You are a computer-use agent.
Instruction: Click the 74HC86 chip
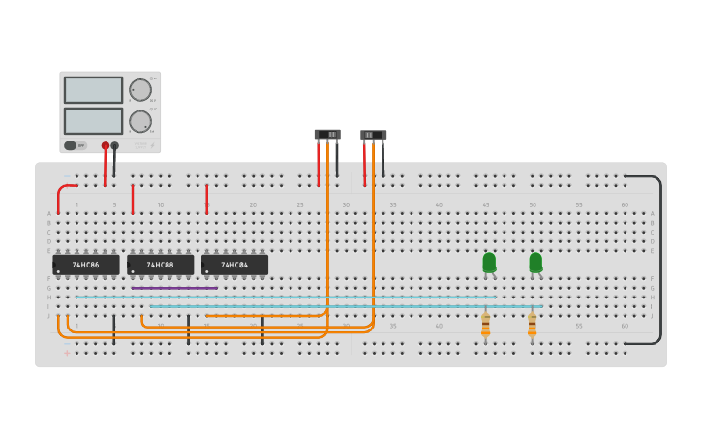pyautogui.click(x=86, y=265)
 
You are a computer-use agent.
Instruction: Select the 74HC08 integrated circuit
pyautogui.click(x=161, y=265)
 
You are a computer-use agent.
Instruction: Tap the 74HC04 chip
pyautogui.click(x=234, y=265)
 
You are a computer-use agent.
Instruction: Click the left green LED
pyautogui.click(x=489, y=263)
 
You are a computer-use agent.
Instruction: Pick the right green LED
pyautogui.click(x=535, y=263)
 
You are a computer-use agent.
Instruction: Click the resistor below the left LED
pyautogui.click(x=485, y=325)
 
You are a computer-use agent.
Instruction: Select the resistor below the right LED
pyautogui.click(x=532, y=325)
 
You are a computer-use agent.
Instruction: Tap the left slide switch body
pyautogui.click(x=327, y=134)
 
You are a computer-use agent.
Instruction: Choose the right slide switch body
pyautogui.click(x=373, y=135)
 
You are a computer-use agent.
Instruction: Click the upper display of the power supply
pyautogui.click(x=93, y=90)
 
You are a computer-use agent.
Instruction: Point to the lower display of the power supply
pyautogui.click(x=93, y=121)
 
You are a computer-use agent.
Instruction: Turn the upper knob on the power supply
pyautogui.click(x=140, y=90)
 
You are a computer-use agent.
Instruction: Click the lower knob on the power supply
pyautogui.click(x=140, y=121)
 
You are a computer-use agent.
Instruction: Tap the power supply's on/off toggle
pyautogui.click(x=71, y=145)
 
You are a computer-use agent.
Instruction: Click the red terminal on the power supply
pyautogui.click(x=106, y=146)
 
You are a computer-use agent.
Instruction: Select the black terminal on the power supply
pyautogui.click(x=115, y=146)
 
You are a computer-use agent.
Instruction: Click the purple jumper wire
pyautogui.click(x=174, y=288)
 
